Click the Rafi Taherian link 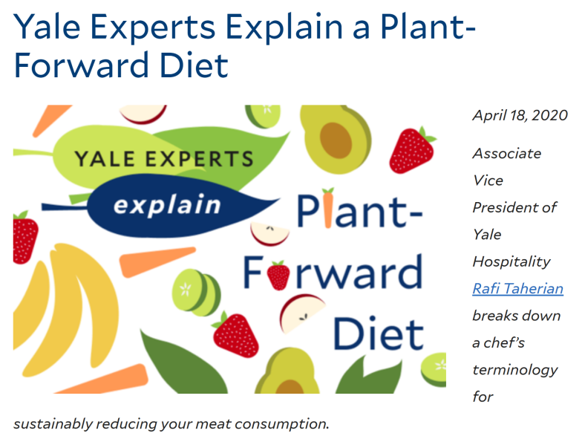(x=518, y=288)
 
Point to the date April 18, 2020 (x=520, y=115)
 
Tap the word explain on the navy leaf (x=168, y=205)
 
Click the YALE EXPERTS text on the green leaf (x=164, y=159)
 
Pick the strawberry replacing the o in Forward (x=278, y=275)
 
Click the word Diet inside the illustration (x=379, y=333)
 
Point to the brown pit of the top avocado (x=336, y=140)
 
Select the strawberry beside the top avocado (x=412, y=151)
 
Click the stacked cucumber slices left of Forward (x=196, y=292)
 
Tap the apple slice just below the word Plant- (x=269, y=234)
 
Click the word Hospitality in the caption (x=511, y=262)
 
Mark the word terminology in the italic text (x=515, y=370)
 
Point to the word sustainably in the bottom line (x=53, y=424)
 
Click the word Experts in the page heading (x=153, y=27)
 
